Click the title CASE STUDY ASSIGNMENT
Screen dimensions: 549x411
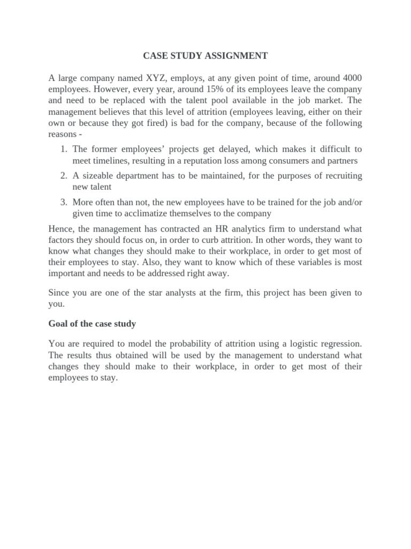[205, 56]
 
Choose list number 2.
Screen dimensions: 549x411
[63, 175]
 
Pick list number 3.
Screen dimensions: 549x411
[63, 202]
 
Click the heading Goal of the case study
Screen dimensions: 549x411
[92, 323]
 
